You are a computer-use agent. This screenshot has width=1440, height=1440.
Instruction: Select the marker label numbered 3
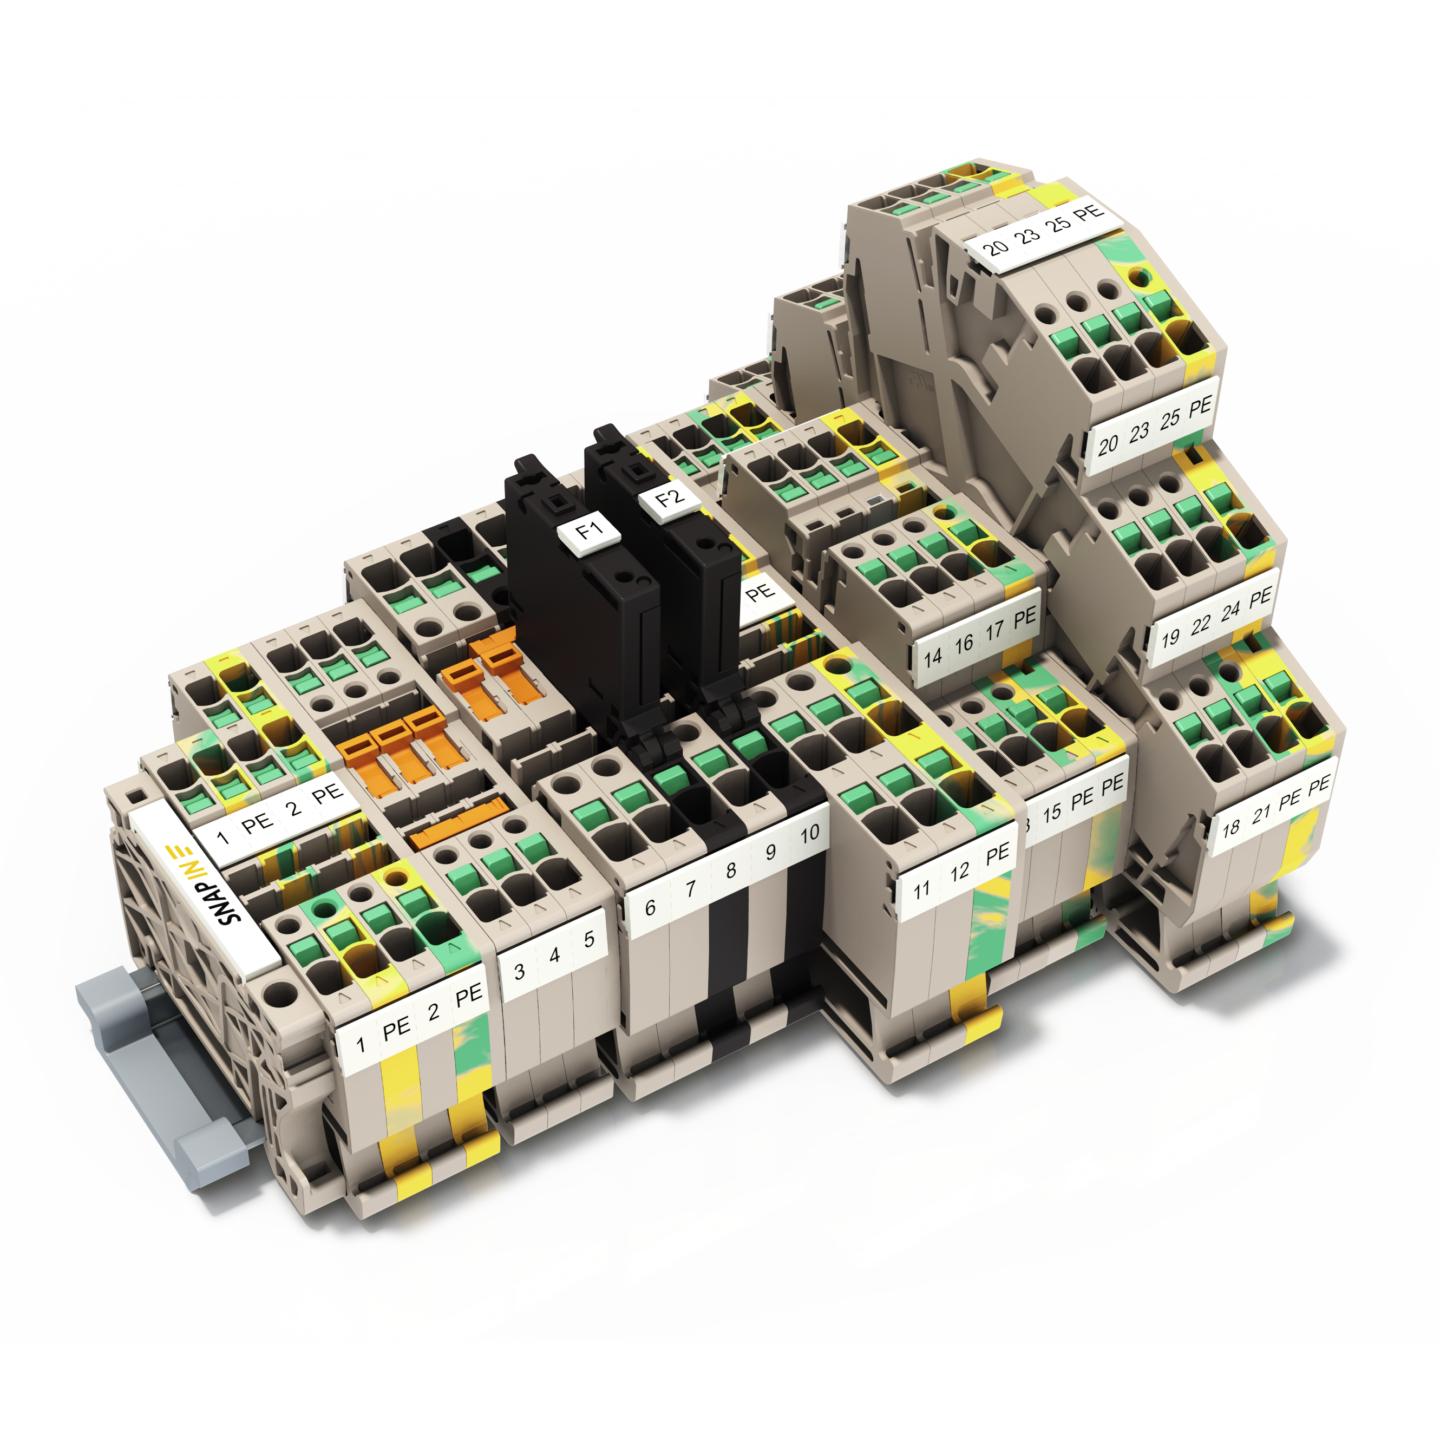(x=520, y=971)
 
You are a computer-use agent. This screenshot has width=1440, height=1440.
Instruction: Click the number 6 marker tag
(x=650, y=907)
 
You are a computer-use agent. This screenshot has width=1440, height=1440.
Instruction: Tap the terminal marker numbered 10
(x=809, y=834)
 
